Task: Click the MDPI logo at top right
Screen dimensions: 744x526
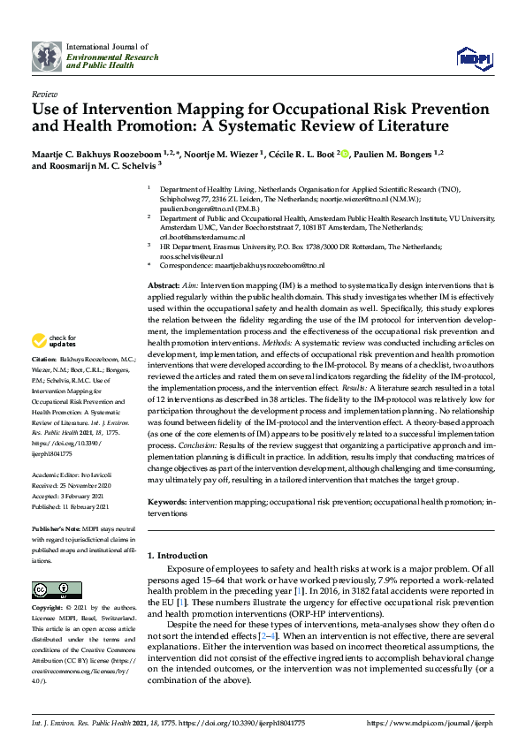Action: [473, 57]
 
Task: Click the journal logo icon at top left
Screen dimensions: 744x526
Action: [48, 56]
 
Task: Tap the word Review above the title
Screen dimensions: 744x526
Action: [43, 93]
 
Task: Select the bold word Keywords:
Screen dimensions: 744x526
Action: [167, 501]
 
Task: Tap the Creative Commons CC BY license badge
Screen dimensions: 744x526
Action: [50, 589]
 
